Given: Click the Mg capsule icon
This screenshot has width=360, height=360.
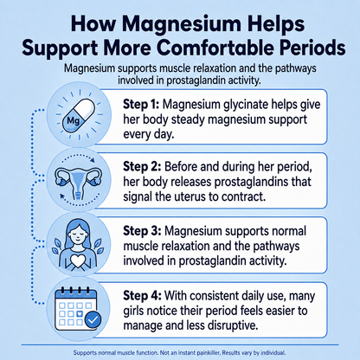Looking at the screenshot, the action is [x=79, y=116].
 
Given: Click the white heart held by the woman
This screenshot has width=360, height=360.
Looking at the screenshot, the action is [x=77, y=260].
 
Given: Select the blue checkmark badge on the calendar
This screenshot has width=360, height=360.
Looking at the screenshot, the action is [x=93, y=319].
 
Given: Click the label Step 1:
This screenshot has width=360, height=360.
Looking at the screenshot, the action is [x=141, y=104].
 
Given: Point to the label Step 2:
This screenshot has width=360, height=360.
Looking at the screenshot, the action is [x=142, y=167].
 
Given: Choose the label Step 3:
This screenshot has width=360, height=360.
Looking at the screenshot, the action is [x=142, y=231].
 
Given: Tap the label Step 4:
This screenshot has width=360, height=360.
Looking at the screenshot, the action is [x=142, y=296].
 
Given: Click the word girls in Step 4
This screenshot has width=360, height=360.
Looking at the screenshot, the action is [x=133, y=312].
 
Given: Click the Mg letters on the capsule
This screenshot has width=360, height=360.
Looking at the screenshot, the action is [x=73, y=120].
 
